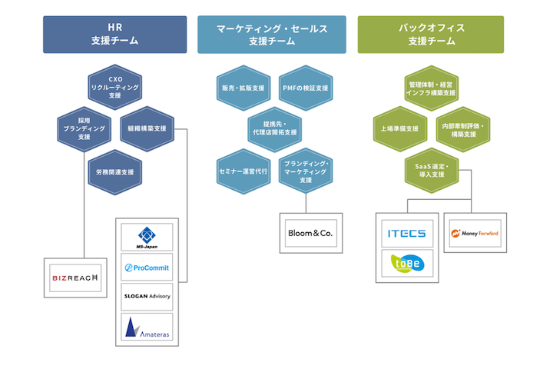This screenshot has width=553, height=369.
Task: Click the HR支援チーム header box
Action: pos(114,35)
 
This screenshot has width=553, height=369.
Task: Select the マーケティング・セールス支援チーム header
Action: pos(272,35)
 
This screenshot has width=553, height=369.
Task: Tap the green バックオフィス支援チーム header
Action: pos(430,35)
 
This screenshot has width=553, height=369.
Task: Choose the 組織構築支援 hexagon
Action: pos(147,128)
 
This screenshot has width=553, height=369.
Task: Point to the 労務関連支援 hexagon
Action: pos(115,171)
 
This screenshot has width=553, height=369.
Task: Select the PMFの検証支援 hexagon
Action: pos(305,88)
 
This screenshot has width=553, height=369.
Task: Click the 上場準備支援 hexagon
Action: pos(399,128)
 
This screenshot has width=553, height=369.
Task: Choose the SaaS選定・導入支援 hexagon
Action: pos(430,170)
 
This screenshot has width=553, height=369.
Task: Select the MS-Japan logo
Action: pos(147,237)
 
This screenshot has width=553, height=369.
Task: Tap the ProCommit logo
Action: pos(147,268)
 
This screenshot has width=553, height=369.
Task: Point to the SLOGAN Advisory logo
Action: pos(147,296)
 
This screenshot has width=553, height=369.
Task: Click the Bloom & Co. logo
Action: pos(306,231)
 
